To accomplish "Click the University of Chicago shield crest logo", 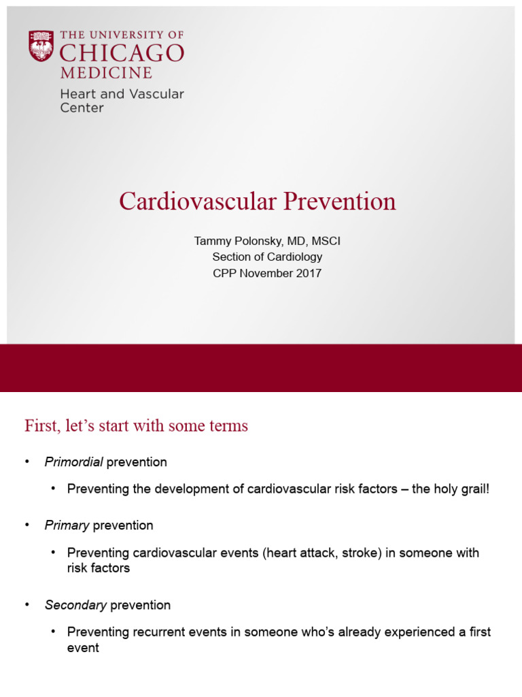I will (x=41, y=46).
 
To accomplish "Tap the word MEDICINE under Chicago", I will (x=106, y=73).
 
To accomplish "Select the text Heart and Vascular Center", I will (x=122, y=101).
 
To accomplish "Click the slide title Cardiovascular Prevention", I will (x=258, y=201).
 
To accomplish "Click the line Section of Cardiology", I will (x=267, y=257).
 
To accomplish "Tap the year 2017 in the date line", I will (x=309, y=274).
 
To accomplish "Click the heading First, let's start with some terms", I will (x=136, y=426).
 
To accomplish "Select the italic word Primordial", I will (x=73, y=462).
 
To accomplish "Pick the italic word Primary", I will (x=67, y=525).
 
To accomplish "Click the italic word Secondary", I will (x=75, y=605).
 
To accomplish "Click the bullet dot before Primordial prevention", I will (x=28, y=463).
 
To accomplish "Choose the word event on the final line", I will (x=83, y=648).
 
